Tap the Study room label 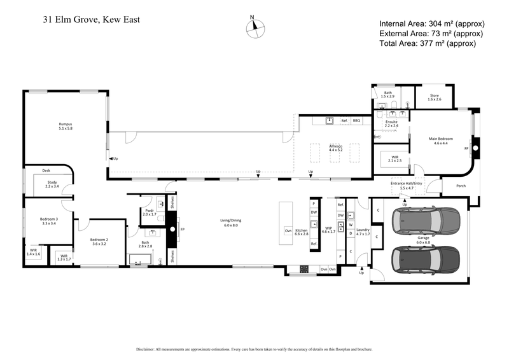pos(52,184)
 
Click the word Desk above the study pos(46,170)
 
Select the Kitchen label pos(301,232)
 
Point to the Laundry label pos(363,232)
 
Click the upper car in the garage pos(426,220)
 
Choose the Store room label pos(434,97)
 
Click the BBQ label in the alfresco pos(357,120)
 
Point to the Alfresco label pos(335,148)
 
